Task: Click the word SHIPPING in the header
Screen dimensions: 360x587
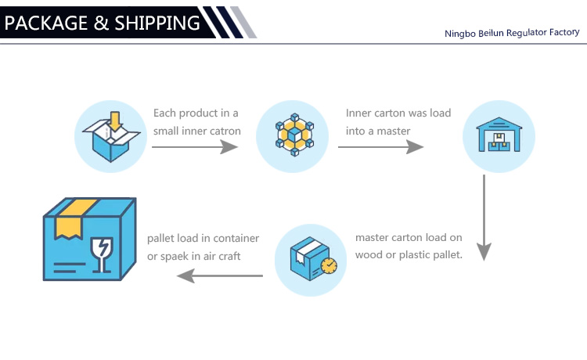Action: coord(157,23)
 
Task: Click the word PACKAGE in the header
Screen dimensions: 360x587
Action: coord(46,23)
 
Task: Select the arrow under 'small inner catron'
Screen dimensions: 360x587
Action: coord(195,146)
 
